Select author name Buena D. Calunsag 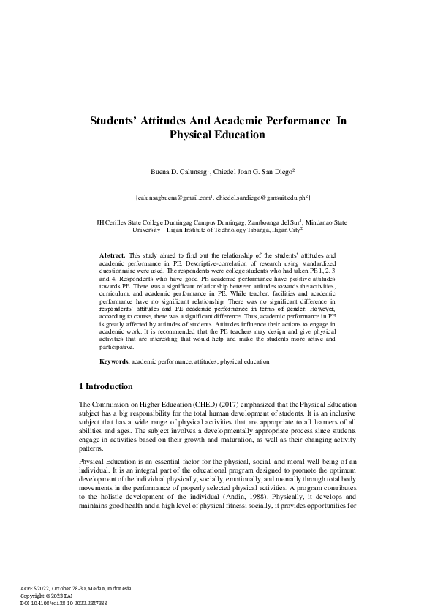tap(180, 172)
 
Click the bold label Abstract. tap(111, 253)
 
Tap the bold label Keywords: tap(115, 361)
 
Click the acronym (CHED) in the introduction tap(194, 405)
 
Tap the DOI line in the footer tap(64, 603)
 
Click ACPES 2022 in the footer tap(35, 589)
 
